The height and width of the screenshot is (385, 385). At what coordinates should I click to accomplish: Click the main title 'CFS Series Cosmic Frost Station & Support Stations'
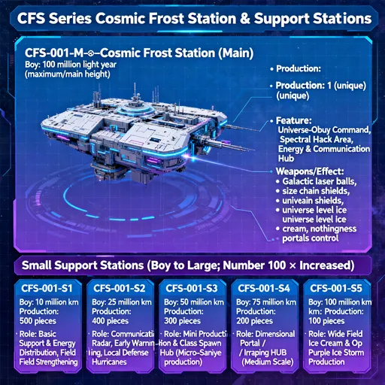coord(192,17)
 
